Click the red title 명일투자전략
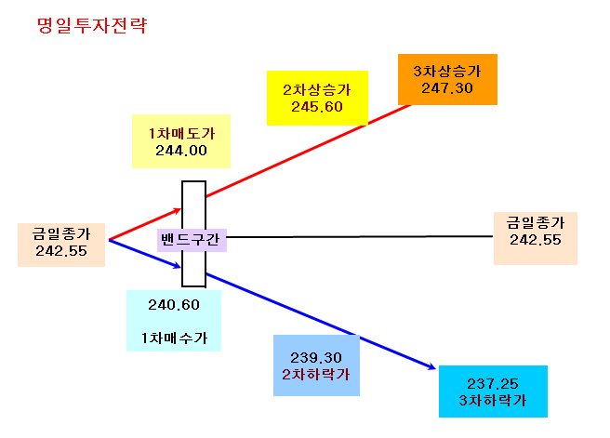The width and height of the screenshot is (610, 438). (x=92, y=26)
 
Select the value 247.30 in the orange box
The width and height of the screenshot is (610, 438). (x=447, y=88)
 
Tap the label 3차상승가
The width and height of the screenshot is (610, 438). (x=447, y=72)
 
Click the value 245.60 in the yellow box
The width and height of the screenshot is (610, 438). (x=317, y=107)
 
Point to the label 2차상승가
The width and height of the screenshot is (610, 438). (x=317, y=90)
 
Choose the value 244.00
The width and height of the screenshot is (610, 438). (x=181, y=151)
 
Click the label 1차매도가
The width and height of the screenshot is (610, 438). (x=181, y=133)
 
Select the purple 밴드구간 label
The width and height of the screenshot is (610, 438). (x=191, y=240)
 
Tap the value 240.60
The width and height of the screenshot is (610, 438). (x=174, y=305)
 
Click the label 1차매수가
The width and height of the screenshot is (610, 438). (x=174, y=338)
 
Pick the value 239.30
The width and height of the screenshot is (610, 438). (x=316, y=357)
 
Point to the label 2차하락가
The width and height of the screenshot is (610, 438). (x=316, y=374)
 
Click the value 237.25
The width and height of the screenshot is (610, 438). (x=493, y=384)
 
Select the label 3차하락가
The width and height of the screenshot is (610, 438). (x=493, y=400)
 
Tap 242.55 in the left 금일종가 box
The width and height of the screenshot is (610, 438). (x=61, y=251)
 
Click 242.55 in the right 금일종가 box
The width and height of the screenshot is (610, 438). (x=536, y=240)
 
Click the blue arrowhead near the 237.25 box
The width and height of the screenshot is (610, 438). (x=431, y=366)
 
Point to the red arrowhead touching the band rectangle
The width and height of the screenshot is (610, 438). (x=177, y=211)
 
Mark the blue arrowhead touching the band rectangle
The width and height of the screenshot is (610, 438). (x=177, y=266)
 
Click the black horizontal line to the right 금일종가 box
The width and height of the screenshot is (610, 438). (x=360, y=236)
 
